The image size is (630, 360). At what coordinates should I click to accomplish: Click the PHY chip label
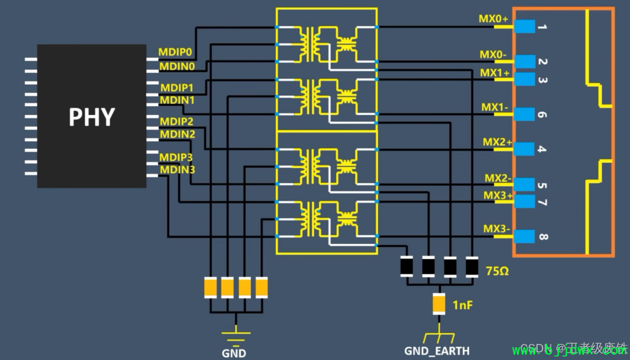coord(92,117)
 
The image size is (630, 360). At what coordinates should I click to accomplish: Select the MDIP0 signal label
coord(175,52)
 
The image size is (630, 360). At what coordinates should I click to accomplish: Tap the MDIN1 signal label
coord(178,100)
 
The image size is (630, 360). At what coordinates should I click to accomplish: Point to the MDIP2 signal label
coord(177,121)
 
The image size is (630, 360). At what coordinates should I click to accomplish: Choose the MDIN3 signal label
coord(178,170)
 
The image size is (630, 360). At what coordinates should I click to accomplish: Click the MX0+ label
coord(494,19)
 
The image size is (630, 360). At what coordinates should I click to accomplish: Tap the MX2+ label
coord(497,142)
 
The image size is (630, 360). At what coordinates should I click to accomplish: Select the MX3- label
coord(497,229)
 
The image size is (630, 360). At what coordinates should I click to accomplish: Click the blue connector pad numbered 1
coord(526,27)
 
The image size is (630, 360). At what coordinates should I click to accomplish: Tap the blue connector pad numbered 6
coord(526,114)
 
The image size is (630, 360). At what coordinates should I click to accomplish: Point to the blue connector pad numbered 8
coord(526,236)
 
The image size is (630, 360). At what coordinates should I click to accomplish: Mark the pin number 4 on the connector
coord(542,149)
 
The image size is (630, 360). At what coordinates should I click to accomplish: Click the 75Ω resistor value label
coord(498,271)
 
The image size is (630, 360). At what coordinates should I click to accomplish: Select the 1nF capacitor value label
coord(463,304)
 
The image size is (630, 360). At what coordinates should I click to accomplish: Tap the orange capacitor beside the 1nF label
coord(439,304)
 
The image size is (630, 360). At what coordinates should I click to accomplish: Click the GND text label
coord(234,353)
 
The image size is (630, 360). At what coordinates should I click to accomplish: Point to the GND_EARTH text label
coord(437,351)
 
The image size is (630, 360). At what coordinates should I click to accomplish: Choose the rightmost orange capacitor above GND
coord(262,287)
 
